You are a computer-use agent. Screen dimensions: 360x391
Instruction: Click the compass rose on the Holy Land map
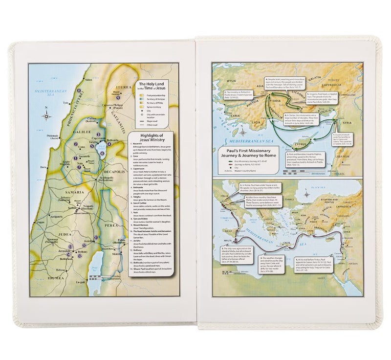[46, 116]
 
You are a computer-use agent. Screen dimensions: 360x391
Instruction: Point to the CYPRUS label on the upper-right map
[304, 144]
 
